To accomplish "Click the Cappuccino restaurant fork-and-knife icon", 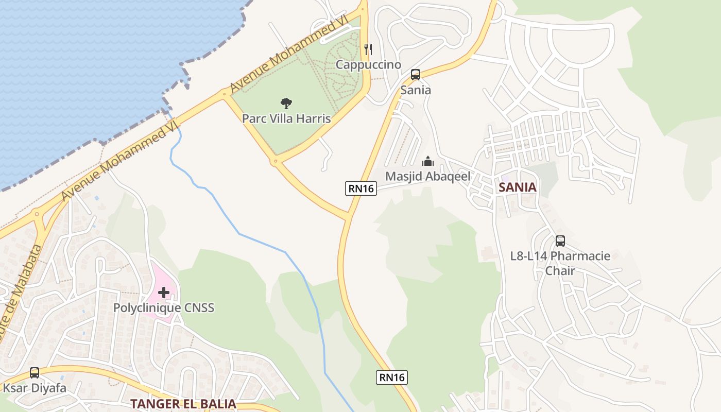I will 368,49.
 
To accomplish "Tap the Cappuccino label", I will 368,64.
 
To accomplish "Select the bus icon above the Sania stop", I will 416,75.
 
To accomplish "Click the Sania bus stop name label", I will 416,90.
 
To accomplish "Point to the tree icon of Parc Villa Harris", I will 286,104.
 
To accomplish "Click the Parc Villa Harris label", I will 286,118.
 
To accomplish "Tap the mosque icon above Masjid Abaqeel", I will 428,161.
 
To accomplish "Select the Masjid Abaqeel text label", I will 428,176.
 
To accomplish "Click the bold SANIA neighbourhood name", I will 518,187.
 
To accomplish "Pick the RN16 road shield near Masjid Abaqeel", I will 361,188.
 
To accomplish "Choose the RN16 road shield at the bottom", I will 392,377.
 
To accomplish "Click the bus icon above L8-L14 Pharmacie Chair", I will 560,241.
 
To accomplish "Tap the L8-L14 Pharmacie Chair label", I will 560,263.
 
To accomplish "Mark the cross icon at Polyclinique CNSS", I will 164,293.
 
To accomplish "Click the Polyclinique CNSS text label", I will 164,308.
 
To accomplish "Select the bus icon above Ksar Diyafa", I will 35,372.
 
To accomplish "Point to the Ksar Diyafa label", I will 35,388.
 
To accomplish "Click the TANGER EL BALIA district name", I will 183,404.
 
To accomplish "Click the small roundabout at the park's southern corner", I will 276,162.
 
